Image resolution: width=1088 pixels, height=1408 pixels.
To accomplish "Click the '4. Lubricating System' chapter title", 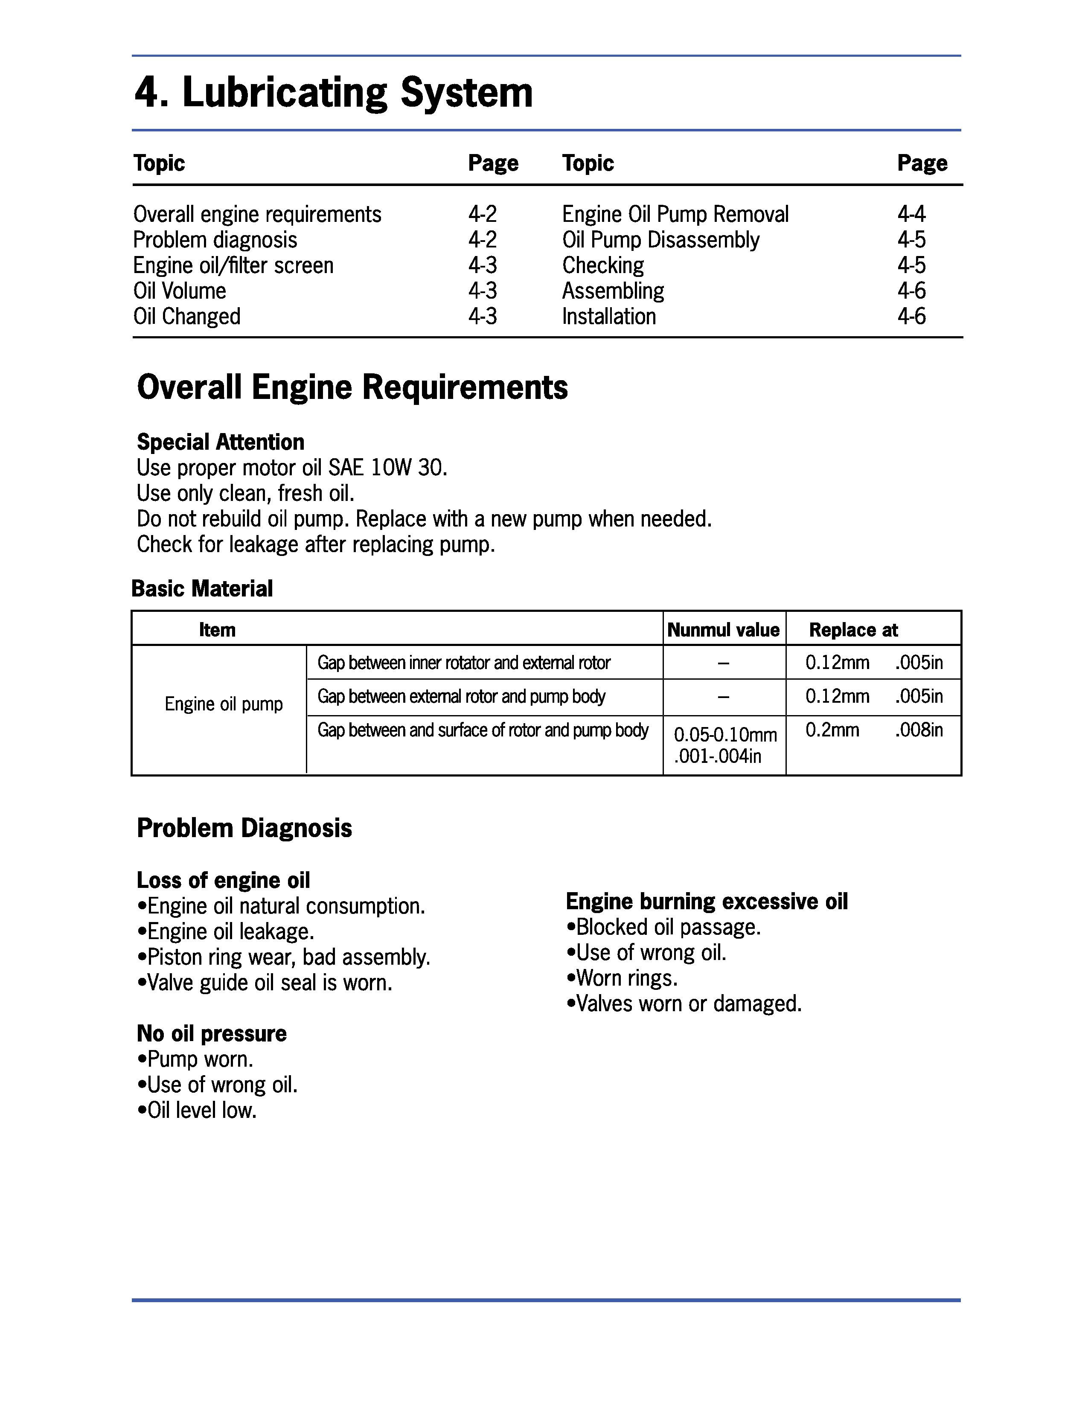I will tap(333, 93).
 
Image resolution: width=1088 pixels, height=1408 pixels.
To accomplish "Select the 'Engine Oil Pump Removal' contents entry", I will tap(675, 214).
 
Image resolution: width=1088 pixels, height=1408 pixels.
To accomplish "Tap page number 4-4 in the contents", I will tap(911, 214).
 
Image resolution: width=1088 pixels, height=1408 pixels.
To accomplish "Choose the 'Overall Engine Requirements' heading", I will tap(352, 387).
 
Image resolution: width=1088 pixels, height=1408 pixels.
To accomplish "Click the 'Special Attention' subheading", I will tap(221, 442).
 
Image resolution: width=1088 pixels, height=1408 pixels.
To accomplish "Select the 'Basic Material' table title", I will tap(202, 589).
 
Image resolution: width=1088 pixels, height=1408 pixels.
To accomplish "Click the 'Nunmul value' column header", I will tap(723, 630).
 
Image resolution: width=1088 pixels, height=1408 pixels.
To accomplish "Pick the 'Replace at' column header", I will tap(853, 630).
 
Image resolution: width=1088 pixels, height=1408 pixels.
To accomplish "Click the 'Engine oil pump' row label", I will tap(224, 704).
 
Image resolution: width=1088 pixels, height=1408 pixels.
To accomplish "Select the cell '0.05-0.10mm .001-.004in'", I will tap(724, 745).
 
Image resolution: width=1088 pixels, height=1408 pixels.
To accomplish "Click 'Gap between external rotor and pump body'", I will tap(462, 696).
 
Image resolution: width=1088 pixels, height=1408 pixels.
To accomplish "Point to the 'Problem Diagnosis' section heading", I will tap(244, 829).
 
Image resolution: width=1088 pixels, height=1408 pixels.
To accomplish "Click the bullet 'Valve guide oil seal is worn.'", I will tap(265, 983).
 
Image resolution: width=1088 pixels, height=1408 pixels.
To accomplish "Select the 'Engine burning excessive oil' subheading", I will tap(707, 901).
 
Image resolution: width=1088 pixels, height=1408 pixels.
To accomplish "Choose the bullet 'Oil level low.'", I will tap(197, 1110).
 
